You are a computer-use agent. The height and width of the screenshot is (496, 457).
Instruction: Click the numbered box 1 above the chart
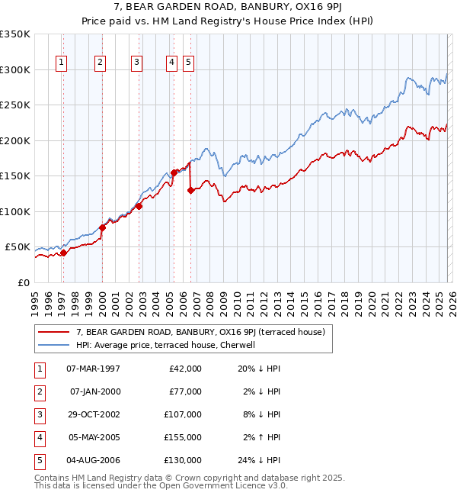tap(60, 63)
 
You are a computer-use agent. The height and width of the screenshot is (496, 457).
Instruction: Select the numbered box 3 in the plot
tap(136, 63)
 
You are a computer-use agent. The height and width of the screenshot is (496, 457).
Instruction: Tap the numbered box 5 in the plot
tap(187, 63)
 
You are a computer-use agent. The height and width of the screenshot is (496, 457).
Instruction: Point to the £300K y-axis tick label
tap(15, 69)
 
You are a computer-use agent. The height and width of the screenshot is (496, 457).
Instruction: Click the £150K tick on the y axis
tap(15, 176)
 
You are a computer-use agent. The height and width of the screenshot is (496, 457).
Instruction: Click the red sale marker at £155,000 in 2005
tap(174, 172)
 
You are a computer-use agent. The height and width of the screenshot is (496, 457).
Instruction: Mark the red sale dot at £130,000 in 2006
tap(190, 191)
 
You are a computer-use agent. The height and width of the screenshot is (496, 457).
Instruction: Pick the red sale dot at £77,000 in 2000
tap(102, 227)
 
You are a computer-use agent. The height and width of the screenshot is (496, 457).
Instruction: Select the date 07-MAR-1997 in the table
tap(93, 369)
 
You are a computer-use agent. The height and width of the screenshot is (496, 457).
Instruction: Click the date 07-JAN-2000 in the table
tap(94, 391)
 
